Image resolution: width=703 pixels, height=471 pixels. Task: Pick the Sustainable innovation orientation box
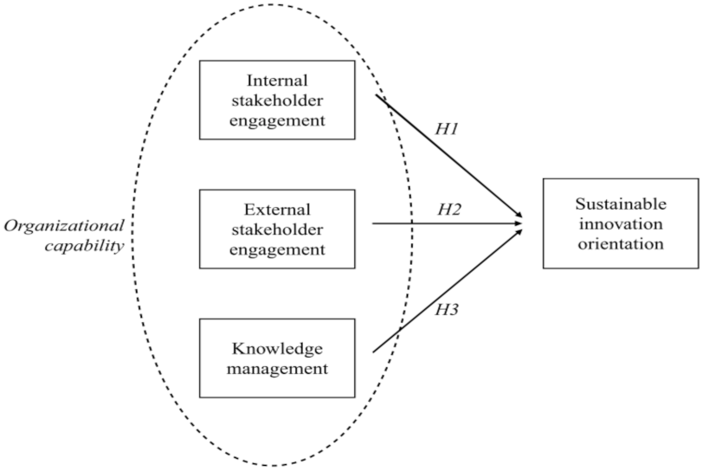coord(620,223)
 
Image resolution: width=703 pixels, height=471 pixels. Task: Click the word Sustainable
coord(621,204)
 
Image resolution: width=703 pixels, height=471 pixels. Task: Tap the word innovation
coord(621,223)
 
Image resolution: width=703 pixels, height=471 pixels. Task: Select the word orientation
coord(621,243)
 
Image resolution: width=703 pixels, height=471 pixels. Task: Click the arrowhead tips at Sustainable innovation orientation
coord(521,223)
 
